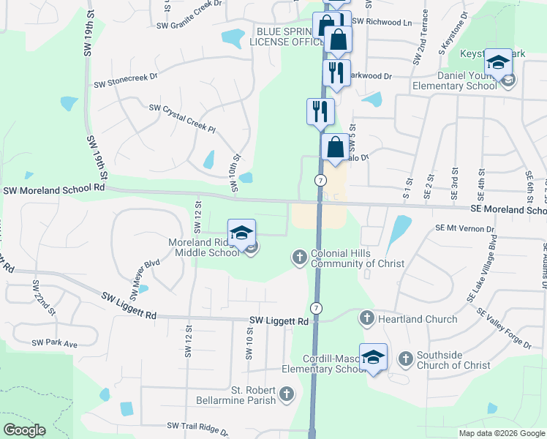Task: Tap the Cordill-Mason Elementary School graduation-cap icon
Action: click(373, 358)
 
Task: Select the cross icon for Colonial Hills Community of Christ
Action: click(299, 257)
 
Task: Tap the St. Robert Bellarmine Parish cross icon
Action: click(287, 394)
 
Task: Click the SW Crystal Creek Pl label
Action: click(183, 119)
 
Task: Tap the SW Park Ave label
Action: click(54, 343)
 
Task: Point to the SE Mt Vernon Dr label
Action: click(464, 228)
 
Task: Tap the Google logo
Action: click(25, 429)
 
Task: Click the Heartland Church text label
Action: click(418, 319)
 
